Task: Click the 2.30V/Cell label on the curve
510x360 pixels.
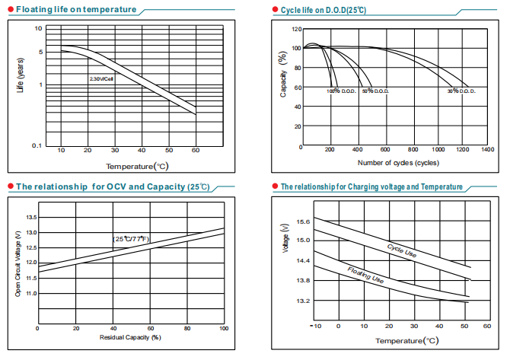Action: click(101, 78)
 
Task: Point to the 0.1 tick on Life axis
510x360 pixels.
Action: click(36, 145)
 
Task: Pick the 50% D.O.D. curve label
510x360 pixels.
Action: click(376, 91)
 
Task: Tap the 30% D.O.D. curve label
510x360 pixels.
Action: click(461, 91)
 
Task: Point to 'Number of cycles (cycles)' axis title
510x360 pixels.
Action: click(397, 163)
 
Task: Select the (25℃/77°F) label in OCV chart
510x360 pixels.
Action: click(131, 239)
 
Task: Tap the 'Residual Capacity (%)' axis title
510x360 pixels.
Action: click(130, 336)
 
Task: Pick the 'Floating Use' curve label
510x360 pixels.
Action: click(365, 276)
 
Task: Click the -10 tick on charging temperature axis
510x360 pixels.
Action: click(316, 326)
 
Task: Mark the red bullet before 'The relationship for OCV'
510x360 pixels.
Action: click(10, 186)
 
